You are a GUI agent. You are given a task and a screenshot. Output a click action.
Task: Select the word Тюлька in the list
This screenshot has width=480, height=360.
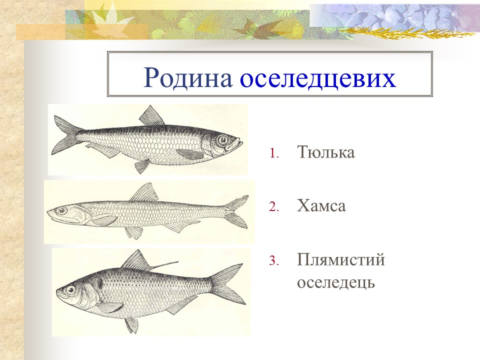[325, 152]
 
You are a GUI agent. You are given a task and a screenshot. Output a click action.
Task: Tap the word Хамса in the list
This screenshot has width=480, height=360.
[321, 205]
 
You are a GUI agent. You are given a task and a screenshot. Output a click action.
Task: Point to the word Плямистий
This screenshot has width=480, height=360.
[340, 260]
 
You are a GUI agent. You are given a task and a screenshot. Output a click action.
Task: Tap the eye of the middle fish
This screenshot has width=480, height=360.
[61, 211]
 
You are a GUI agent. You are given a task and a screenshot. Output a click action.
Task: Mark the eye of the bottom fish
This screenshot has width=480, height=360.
[69, 290]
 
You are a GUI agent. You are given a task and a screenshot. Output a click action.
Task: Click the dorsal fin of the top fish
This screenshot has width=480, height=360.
[151, 117]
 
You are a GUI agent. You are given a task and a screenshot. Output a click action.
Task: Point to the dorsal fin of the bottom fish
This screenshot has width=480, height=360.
[136, 261]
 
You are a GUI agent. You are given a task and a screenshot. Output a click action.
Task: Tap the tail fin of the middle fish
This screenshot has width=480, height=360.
[236, 211]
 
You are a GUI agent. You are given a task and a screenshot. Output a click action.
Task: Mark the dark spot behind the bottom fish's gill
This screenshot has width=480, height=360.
[99, 283]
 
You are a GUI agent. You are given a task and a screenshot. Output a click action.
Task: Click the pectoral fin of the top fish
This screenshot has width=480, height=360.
[190, 154]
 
